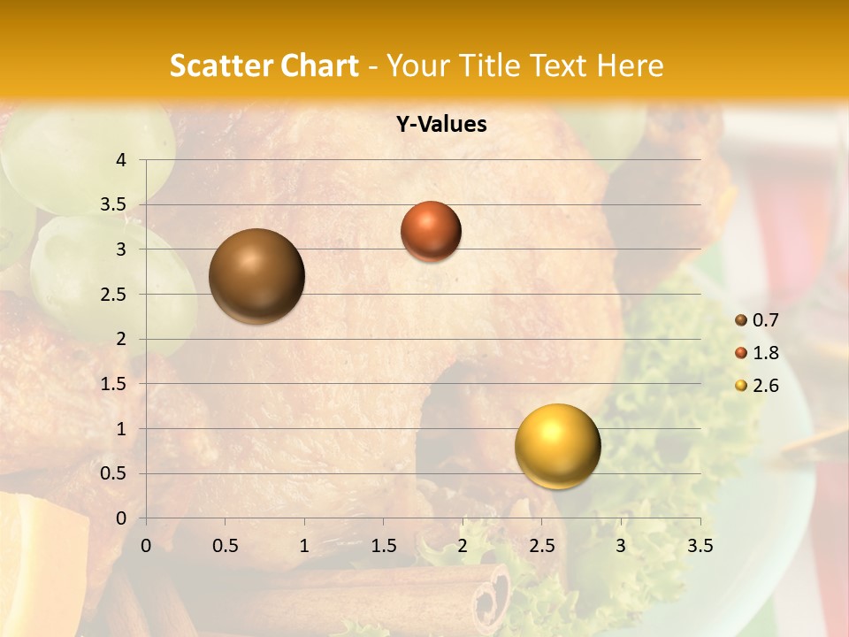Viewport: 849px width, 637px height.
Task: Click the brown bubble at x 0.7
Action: tap(257, 276)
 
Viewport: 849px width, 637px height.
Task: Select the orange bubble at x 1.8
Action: tap(431, 231)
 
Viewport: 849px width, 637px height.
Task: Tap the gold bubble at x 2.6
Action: tap(557, 446)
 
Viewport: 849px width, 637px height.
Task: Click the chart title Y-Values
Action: tap(441, 125)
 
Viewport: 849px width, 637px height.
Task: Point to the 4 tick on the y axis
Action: tap(122, 160)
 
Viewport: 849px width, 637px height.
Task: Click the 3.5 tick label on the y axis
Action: tap(114, 205)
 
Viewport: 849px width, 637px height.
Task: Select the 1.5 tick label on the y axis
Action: tap(114, 384)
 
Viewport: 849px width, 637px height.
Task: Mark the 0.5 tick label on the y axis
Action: tap(114, 474)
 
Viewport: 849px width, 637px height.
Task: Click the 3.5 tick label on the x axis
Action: tap(700, 546)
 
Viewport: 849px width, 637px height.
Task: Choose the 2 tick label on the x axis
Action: tap(463, 546)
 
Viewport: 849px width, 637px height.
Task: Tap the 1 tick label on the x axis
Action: tap(304, 546)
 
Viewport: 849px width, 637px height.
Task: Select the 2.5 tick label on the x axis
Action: tap(541, 546)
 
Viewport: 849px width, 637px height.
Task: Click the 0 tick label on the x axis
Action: tap(146, 546)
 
